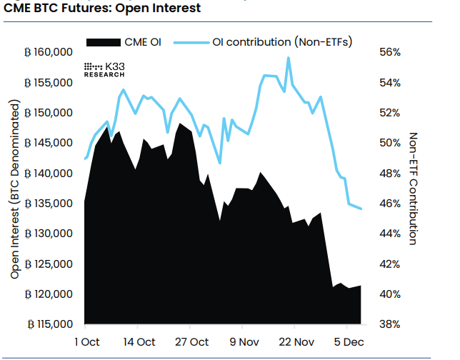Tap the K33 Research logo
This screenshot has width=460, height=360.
pos(105,69)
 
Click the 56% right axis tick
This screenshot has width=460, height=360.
pos(389,53)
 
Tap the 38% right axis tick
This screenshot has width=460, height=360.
pos(389,324)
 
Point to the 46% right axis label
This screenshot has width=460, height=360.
pos(389,204)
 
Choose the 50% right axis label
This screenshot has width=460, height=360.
pos(389,144)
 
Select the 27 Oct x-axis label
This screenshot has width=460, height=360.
pos(192,341)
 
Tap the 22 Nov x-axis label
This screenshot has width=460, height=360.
pos(295,341)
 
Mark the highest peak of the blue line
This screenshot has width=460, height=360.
pos(289,58)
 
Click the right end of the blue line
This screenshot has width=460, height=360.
pos(361,209)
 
